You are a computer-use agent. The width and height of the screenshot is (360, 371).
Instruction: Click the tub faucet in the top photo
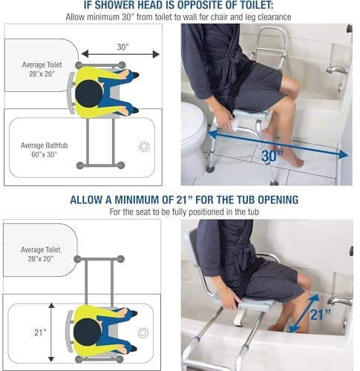[338, 71]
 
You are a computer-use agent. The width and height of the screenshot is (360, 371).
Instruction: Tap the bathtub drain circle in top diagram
[144, 147]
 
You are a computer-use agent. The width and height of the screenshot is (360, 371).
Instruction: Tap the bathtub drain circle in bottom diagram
[143, 332]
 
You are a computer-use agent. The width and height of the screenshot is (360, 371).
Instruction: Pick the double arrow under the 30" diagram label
[120, 54]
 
